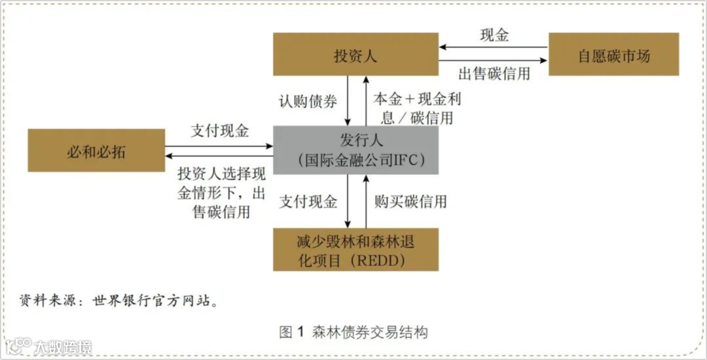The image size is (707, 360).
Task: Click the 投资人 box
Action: coord(355,54)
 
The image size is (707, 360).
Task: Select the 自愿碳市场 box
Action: coord(613,54)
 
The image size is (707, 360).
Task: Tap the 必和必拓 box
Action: coord(96,151)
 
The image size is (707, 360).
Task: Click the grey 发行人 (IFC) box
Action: coord(355,151)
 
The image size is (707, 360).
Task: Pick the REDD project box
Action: coord(355,250)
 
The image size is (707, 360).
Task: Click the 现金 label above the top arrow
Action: coord(494,35)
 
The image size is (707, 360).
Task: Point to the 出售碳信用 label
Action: coord(494,73)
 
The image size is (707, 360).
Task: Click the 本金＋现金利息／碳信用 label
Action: coord(412,108)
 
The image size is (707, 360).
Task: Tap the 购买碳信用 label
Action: coord(410,202)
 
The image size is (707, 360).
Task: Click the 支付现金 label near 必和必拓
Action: coord(219,131)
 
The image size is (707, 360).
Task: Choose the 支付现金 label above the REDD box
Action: coord(308,202)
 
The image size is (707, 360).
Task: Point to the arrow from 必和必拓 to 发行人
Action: coord(219,145)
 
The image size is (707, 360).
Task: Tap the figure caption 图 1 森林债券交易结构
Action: coord(353,332)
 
